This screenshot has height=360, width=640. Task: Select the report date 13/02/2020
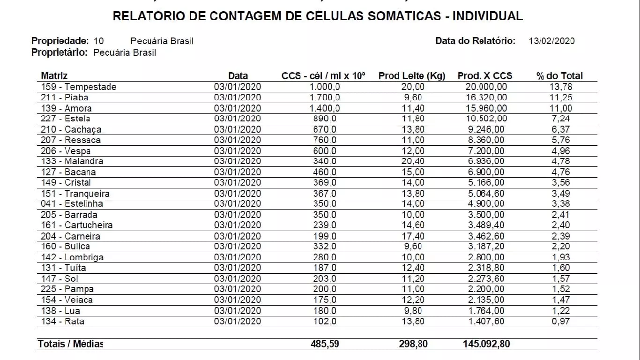tap(551, 41)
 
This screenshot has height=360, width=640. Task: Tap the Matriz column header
tap(54, 76)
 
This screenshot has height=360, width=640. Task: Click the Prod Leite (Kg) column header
tap(412, 76)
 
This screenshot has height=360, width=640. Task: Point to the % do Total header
tap(560, 76)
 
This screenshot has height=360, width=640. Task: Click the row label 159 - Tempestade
tap(79, 87)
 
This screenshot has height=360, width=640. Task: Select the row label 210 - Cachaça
tap(71, 129)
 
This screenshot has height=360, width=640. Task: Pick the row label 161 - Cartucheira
tap(77, 225)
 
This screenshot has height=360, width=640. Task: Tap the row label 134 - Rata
tap(63, 322)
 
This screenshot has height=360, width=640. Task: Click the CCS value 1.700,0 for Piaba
tap(325, 97)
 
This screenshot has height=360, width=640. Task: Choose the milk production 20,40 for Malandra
tap(413, 161)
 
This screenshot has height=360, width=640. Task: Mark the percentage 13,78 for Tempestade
tap(561, 87)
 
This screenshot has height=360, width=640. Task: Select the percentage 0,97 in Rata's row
tap(561, 322)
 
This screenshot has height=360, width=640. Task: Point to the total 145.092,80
tap(484, 344)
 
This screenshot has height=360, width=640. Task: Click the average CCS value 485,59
tap(325, 344)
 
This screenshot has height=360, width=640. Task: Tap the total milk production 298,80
tap(413, 344)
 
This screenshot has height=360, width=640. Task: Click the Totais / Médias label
tap(70, 344)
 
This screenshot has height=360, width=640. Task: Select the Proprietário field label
tap(60, 52)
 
